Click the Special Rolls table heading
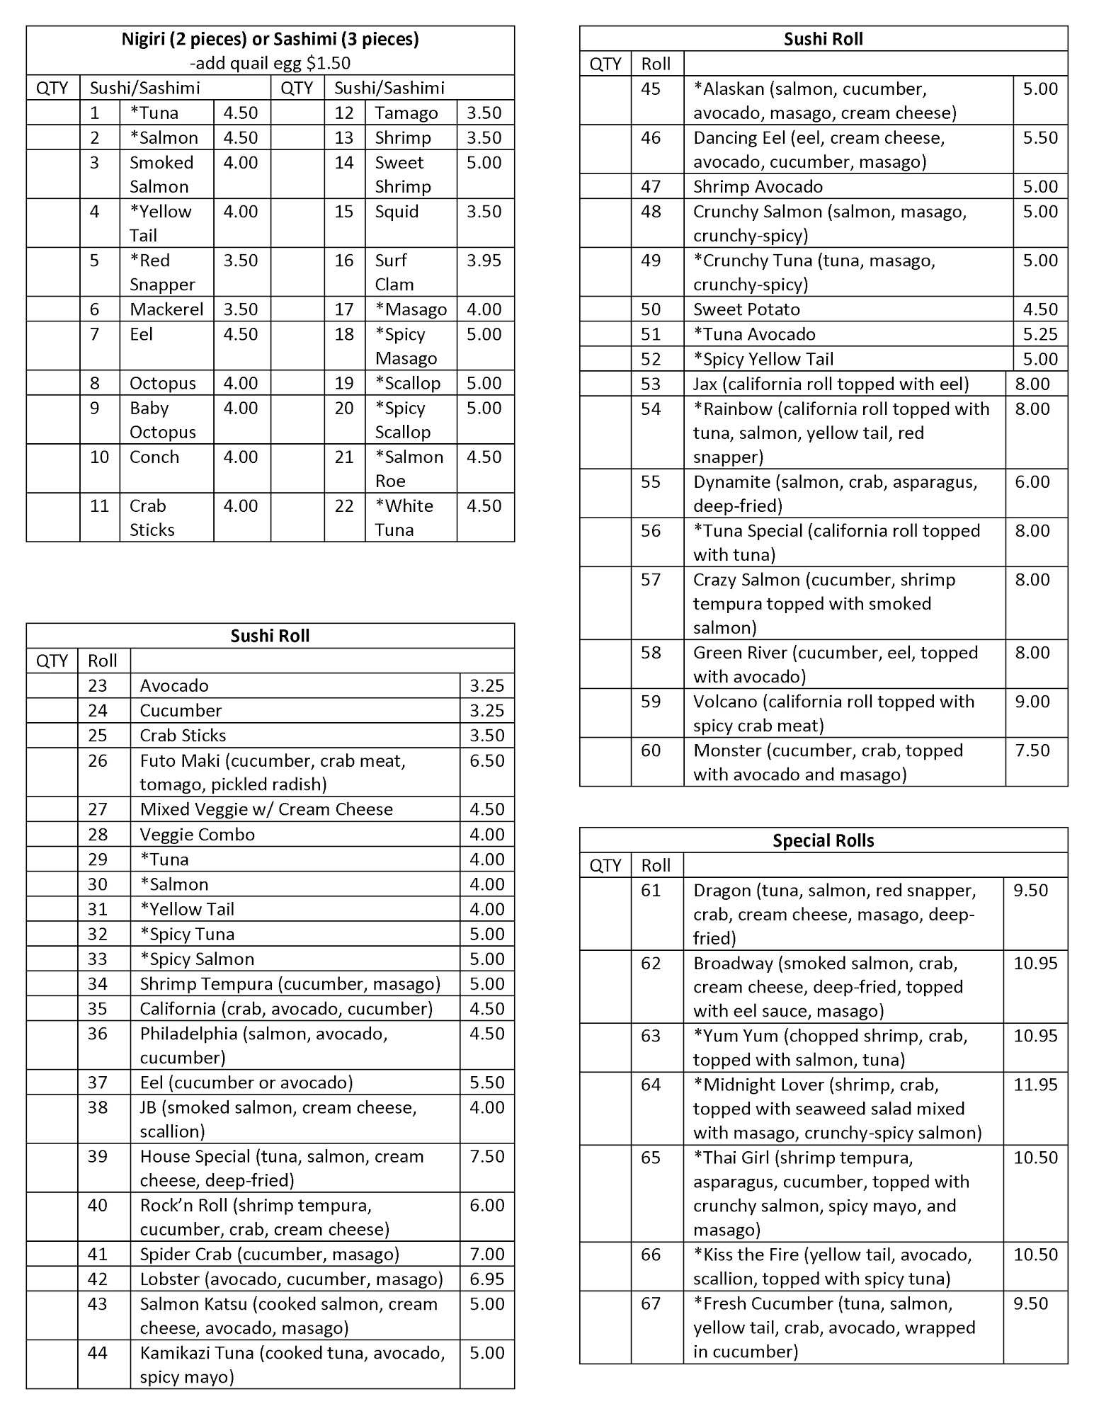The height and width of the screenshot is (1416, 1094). (823, 840)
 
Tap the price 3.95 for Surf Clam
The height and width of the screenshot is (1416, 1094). (484, 261)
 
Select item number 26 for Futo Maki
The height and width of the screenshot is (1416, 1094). (98, 760)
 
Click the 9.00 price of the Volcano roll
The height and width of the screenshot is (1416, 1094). (1032, 702)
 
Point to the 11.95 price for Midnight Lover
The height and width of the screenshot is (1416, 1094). (1035, 1085)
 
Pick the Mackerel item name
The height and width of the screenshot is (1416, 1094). (166, 309)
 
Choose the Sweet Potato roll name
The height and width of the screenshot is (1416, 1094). (746, 309)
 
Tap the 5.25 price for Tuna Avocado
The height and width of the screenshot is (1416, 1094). (1040, 334)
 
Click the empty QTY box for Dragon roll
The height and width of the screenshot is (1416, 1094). (605, 914)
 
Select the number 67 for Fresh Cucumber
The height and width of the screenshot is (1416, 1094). (651, 1303)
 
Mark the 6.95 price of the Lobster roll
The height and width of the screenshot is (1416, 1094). (486, 1279)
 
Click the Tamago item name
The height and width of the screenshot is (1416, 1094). (406, 113)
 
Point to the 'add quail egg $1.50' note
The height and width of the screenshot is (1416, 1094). (270, 63)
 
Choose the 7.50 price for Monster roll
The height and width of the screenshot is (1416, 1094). (1032, 750)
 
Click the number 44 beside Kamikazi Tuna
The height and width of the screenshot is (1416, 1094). (98, 1353)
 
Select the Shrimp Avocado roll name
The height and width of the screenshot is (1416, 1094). (758, 187)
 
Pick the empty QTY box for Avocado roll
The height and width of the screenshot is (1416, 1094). (52, 685)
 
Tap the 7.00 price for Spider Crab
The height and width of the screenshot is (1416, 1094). (486, 1254)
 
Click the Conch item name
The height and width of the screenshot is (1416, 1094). (154, 457)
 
